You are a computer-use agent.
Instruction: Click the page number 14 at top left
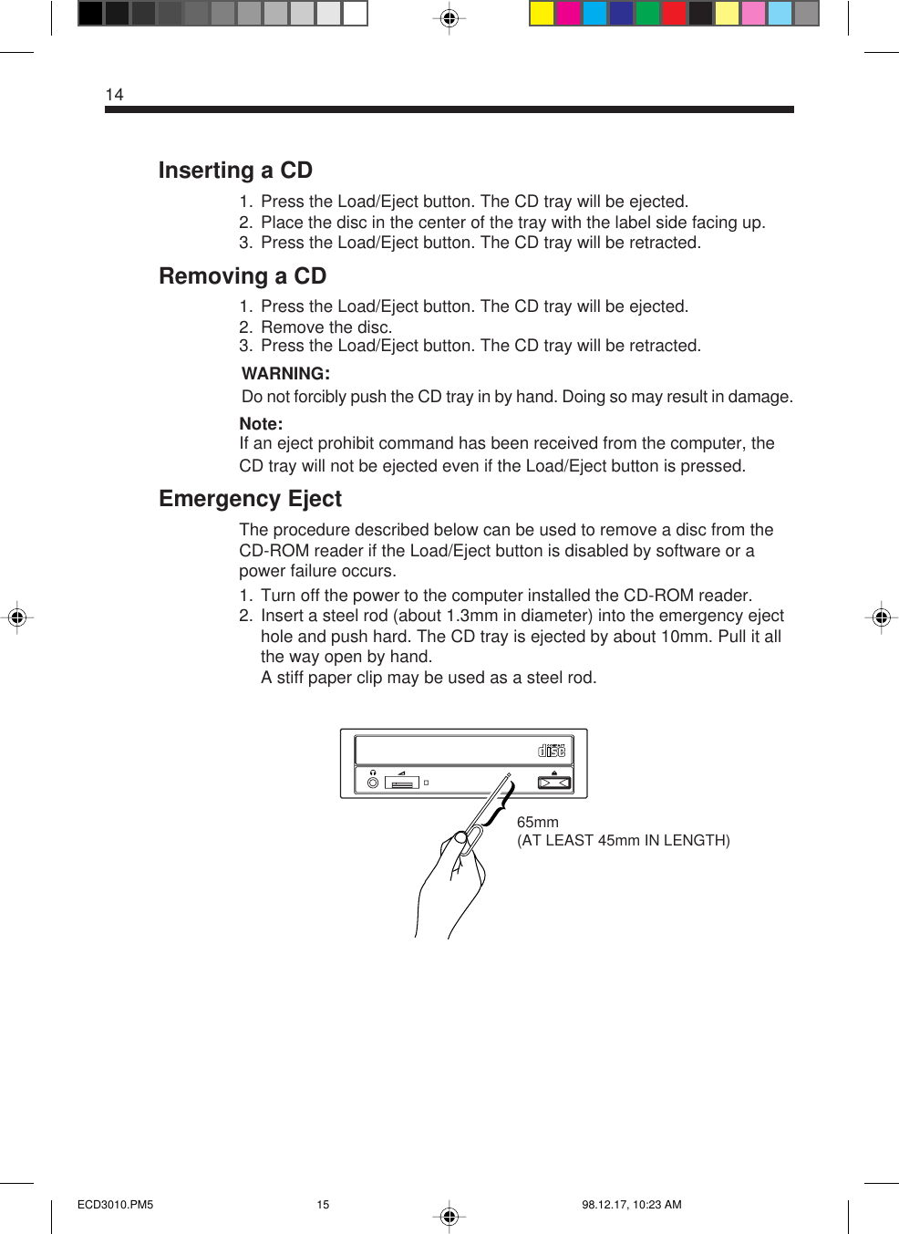pos(114,95)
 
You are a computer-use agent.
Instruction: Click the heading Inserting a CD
pos(235,171)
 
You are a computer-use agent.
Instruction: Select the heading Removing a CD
pos(243,276)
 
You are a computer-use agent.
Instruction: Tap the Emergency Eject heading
pos(250,499)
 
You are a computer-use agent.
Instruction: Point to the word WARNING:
pos(285,374)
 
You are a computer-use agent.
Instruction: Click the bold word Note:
pos(261,424)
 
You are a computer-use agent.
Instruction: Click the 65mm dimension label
pos(537,822)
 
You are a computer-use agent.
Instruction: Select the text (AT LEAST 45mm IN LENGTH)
pos(624,840)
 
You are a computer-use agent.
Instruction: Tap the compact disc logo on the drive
pos(552,751)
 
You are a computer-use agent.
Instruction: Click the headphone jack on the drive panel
pos(373,783)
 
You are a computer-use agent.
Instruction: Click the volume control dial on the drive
pos(402,783)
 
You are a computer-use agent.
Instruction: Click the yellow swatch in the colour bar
pos(542,14)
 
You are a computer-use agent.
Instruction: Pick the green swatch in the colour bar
pos(647,14)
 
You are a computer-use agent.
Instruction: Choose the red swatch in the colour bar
pos(674,14)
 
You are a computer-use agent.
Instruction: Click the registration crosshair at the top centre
pos(449,18)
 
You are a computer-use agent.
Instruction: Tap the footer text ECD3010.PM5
pos(116,1205)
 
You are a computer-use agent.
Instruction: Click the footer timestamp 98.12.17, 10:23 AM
pos(632,1205)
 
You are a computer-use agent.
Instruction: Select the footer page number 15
pos(323,1205)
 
